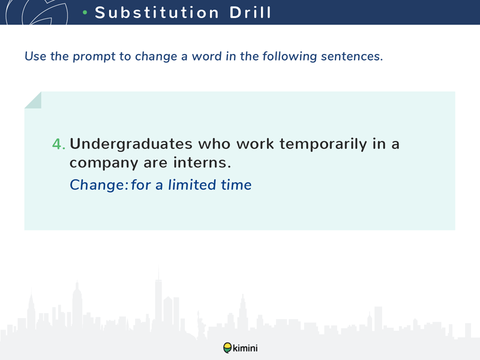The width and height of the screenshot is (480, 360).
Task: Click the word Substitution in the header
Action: [157, 13]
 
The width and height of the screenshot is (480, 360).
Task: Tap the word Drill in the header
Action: [250, 13]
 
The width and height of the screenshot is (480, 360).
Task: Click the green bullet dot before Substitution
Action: [85, 13]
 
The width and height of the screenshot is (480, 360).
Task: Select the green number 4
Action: [59, 144]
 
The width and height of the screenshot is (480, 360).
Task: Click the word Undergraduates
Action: [131, 144]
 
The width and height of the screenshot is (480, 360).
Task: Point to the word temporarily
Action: [323, 144]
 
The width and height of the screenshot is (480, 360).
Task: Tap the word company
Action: [103, 163]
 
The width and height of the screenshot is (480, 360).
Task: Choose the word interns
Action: [202, 162]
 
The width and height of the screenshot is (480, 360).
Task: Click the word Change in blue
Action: [98, 185]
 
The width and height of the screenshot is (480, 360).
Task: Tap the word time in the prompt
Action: [236, 185]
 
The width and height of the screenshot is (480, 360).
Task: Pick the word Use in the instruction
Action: [35, 56]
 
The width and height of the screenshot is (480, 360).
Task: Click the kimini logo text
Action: [245, 348]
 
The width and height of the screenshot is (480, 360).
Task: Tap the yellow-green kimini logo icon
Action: [227, 348]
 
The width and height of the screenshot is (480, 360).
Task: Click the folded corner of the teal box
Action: [33, 100]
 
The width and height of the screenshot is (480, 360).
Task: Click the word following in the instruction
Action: [289, 56]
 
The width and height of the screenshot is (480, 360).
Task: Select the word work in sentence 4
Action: [256, 144]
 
